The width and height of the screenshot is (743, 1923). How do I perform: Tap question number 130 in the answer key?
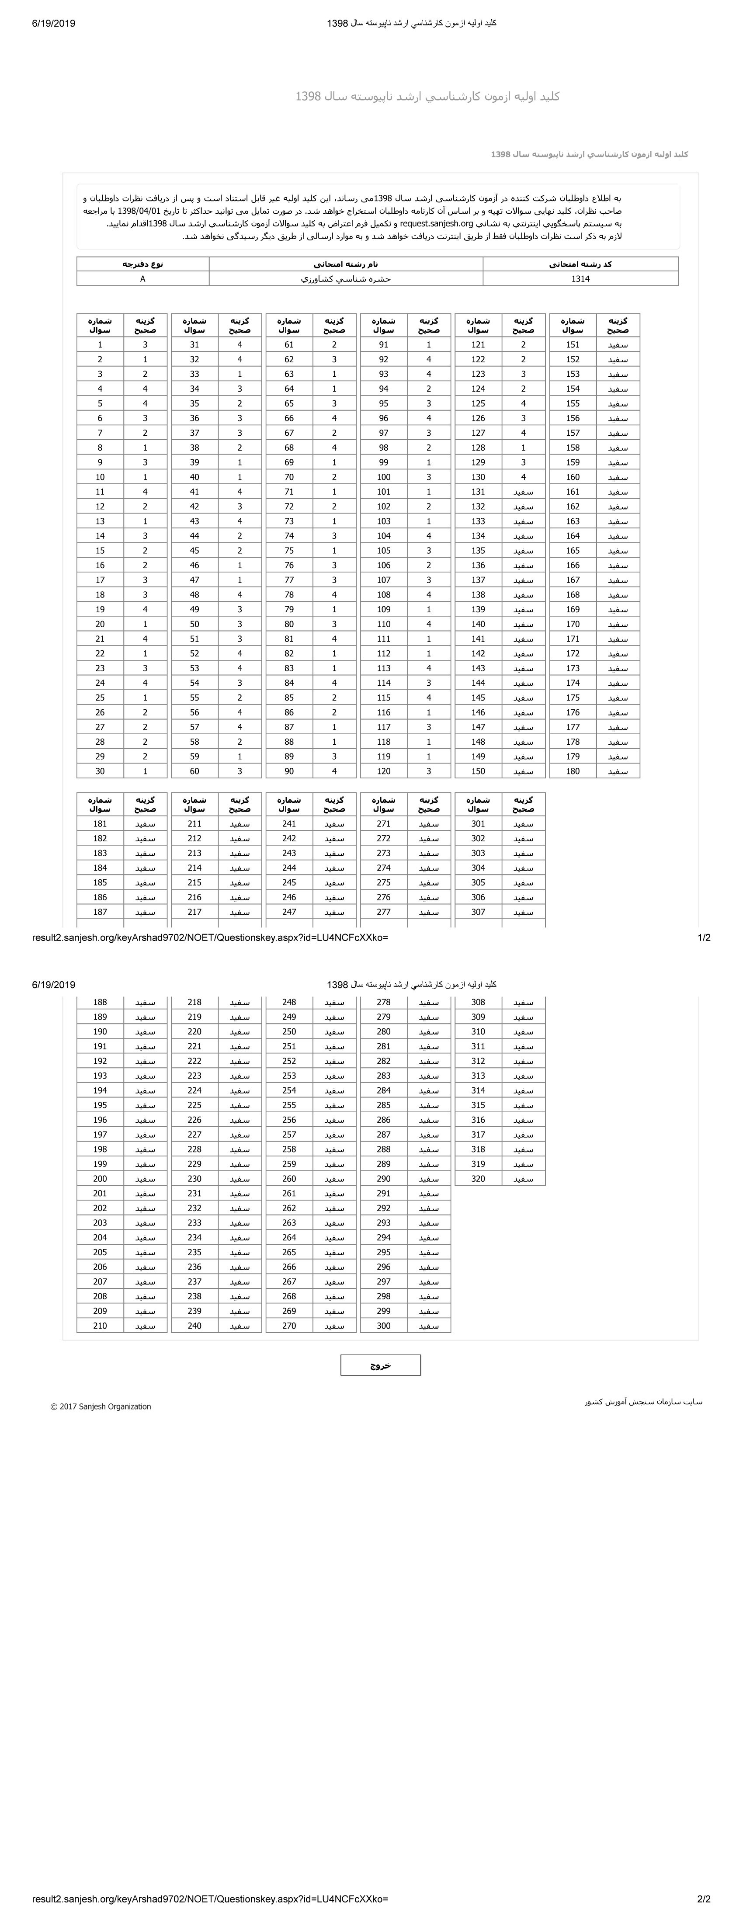tap(478, 477)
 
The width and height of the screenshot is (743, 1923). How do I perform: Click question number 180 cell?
tap(573, 771)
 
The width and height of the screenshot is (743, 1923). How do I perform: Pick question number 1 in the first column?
tap(100, 345)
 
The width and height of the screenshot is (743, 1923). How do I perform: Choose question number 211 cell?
tap(194, 824)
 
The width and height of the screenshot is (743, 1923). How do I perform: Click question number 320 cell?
tap(478, 1179)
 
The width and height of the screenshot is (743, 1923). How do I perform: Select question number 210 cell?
tap(100, 1326)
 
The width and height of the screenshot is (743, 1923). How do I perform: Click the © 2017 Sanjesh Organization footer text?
tap(101, 1406)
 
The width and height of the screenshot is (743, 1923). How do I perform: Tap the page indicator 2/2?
tap(703, 1899)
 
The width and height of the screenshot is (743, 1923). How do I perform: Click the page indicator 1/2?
tap(703, 937)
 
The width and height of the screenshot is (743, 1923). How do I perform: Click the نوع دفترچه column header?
tap(142, 264)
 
